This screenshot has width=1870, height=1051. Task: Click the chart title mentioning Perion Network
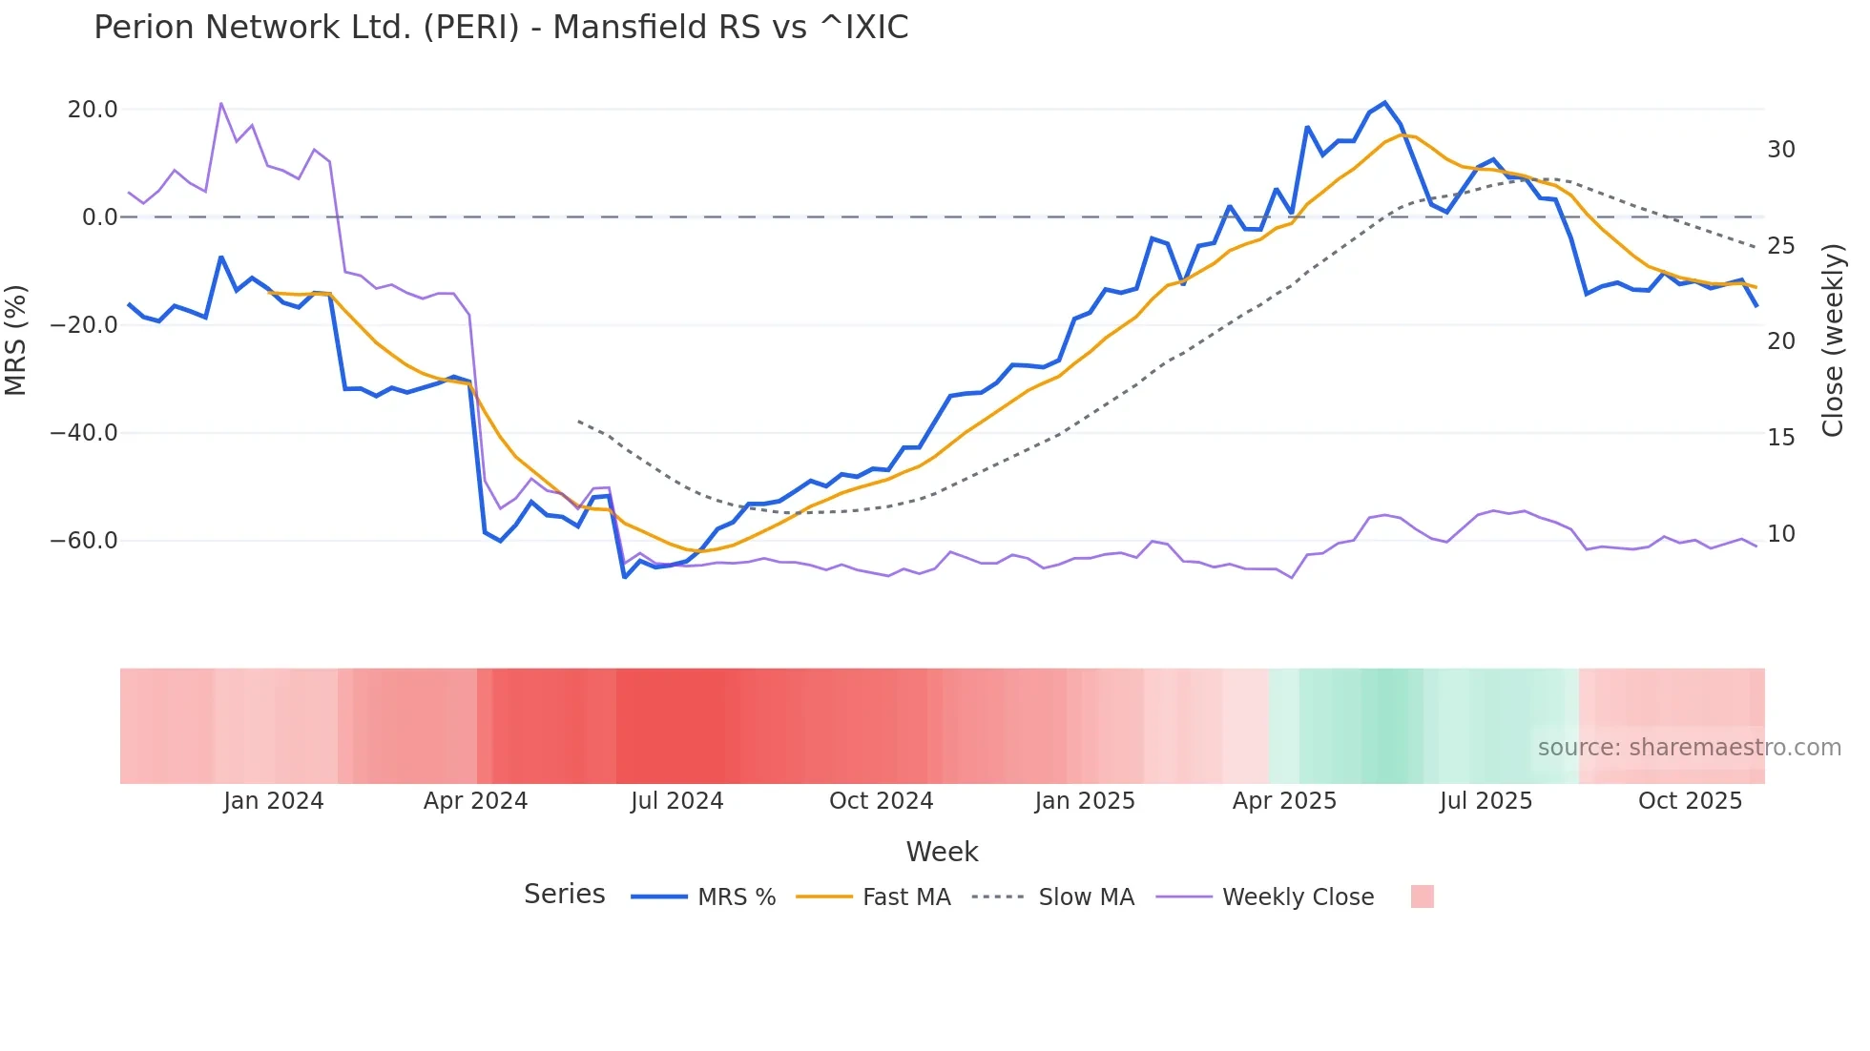[501, 28]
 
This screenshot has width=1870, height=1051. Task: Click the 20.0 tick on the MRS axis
[93, 110]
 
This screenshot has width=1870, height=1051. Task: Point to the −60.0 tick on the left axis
[84, 541]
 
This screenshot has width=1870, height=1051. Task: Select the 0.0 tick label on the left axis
[99, 217]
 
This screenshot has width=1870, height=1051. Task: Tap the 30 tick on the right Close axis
[1780, 150]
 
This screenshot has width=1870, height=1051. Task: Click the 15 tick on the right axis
[1780, 438]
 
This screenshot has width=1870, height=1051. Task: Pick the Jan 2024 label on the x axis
[274, 801]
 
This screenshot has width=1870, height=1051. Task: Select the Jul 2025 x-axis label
[1486, 801]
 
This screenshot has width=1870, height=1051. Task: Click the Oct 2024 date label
[881, 801]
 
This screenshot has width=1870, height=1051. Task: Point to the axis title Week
[942, 852]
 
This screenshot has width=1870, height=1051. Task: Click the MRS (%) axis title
[16, 340]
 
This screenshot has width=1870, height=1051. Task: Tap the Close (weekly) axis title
[1833, 340]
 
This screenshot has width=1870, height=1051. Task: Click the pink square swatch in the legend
[1422, 897]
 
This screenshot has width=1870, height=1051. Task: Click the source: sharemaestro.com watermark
[1689, 748]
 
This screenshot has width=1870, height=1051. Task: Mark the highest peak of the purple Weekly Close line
[221, 103]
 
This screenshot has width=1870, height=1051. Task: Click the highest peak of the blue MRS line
[1384, 103]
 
